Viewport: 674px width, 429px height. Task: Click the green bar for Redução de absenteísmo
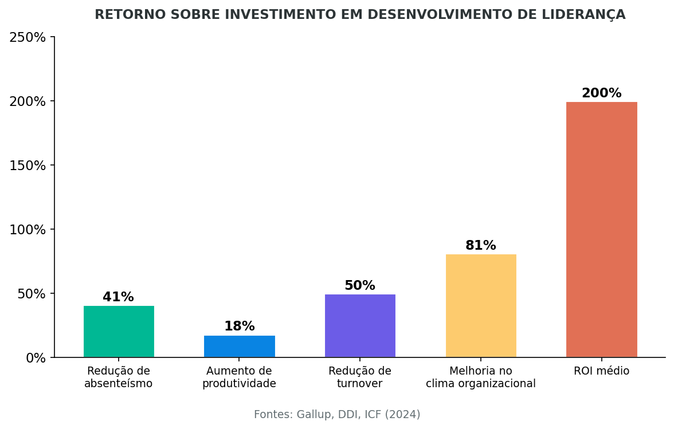[x=119, y=332]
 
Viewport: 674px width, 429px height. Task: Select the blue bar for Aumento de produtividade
[x=240, y=347]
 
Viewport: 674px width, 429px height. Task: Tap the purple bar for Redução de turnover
[x=360, y=326]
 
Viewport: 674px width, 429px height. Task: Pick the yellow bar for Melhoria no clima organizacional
[x=481, y=306]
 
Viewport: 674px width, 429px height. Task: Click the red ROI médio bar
[x=601, y=230]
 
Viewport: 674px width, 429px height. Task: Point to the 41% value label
[x=118, y=297]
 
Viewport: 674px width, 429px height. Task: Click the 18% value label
[x=239, y=326]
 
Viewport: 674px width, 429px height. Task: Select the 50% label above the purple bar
[x=360, y=286]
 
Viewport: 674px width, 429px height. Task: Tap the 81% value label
[x=480, y=246]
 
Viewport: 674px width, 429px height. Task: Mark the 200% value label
[x=601, y=93]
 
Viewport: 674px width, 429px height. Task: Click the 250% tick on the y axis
[x=28, y=37]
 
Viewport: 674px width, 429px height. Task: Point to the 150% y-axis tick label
[x=28, y=166]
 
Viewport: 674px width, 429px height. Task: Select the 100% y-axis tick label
[x=28, y=230]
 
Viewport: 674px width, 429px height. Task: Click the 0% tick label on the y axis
[x=36, y=358]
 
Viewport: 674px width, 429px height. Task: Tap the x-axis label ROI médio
[x=601, y=371]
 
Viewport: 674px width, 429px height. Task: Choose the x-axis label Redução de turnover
[x=360, y=377]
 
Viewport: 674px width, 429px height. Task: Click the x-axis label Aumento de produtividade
[x=239, y=377]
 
